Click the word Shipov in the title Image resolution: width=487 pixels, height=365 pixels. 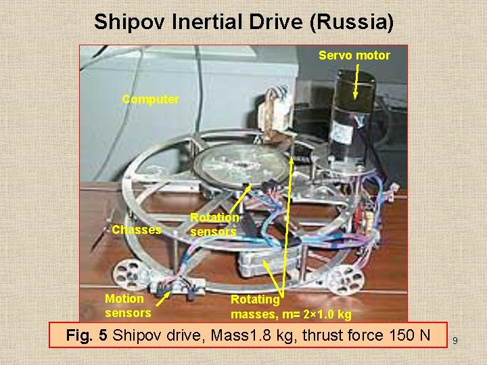click(124, 22)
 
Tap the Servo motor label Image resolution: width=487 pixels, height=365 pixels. click(354, 55)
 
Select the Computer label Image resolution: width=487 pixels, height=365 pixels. click(150, 99)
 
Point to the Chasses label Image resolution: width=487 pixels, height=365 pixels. click(136, 230)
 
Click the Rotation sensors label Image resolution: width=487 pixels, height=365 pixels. click(214, 224)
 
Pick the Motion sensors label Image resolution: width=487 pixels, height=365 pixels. click(128, 306)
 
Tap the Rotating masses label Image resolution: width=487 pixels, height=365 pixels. click(291, 306)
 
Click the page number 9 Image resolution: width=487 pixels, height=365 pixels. click(455, 341)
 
